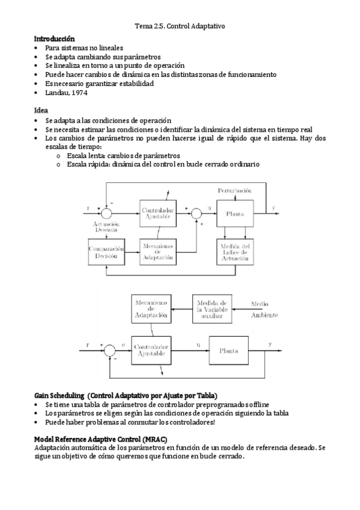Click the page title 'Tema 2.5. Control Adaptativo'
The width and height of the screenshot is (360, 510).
click(180, 26)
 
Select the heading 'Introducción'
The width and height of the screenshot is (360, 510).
click(54, 38)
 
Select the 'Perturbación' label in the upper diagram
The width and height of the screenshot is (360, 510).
click(235, 190)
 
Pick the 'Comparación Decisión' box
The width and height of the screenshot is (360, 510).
click(106, 251)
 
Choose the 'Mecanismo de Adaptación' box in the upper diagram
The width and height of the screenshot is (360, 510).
click(157, 251)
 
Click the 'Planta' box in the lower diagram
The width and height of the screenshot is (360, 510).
click(228, 349)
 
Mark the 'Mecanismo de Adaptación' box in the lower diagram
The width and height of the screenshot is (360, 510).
click(150, 307)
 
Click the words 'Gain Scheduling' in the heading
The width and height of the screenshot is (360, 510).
click(59, 395)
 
